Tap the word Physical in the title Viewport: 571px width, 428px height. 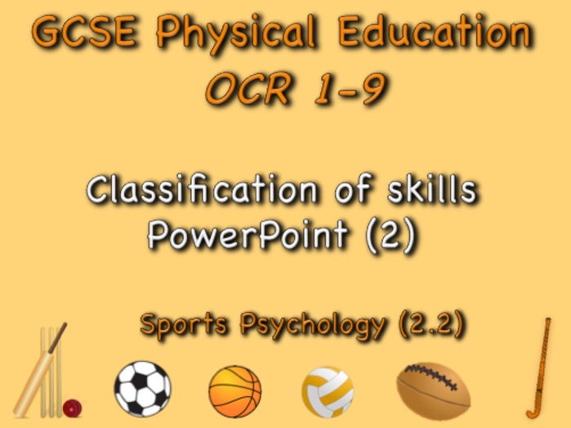[x=237, y=34]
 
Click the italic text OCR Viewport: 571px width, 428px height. [x=249, y=89]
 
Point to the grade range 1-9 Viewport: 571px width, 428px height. [x=350, y=89]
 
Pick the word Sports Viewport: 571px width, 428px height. [x=184, y=324]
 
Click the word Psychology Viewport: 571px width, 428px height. [x=312, y=325]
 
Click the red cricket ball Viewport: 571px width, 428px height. [x=72, y=408]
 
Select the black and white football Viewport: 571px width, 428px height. [x=142, y=389]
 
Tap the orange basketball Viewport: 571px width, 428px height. [x=235, y=391]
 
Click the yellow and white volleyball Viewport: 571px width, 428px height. [x=328, y=392]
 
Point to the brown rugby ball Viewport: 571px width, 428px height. [x=433, y=391]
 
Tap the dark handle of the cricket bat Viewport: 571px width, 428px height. [x=58, y=337]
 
